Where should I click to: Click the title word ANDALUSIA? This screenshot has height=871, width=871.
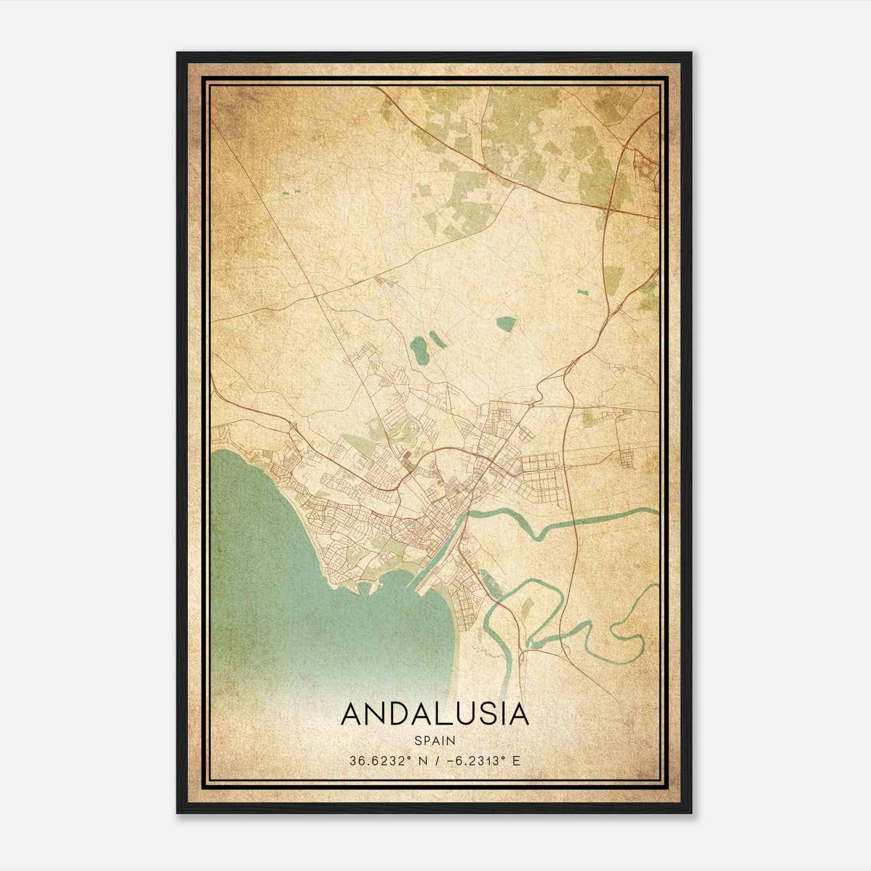click(434, 714)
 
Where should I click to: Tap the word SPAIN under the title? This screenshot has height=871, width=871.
click(434, 740)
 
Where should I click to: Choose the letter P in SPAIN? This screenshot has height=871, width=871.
click(427, 740)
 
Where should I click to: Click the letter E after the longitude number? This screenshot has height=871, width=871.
click(517, 760)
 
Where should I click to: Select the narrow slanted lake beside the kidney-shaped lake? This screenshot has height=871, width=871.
click(438, 339)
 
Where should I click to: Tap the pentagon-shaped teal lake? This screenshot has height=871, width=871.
click(506, 323)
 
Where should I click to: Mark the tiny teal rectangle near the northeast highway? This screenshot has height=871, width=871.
click(583, 292)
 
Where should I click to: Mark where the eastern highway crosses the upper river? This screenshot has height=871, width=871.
click(575, 521)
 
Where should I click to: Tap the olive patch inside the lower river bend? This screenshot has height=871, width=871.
click(526, 607)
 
